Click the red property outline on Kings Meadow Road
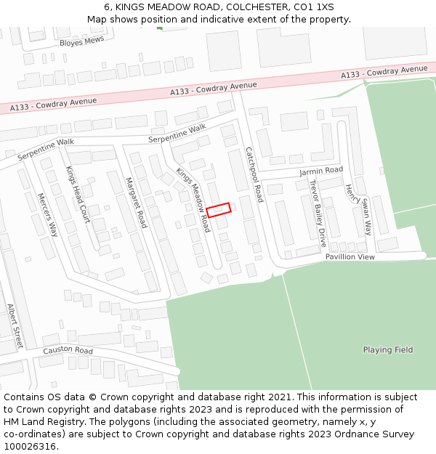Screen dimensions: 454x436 pyautogui.click(x=218, y=209)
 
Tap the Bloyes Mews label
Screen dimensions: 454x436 pyautogui.click(x=82, y=42)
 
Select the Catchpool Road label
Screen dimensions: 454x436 pyautogui.click(x=254, y=174)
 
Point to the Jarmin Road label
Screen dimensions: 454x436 pyautogui.click(x=320, y=171)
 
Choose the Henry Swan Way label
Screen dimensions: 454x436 pyautogui.click(x=358, y=209)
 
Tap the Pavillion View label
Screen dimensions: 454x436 pyautogui.click(x=350, y=257)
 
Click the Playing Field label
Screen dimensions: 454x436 pyautogui.click(x=388, y=350)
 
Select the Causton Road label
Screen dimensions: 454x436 pyautogui.click(x=68, y=351)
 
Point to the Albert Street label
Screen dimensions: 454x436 pyautogui.click(x=15, y=326)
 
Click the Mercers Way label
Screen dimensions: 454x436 pyautogui.click(x=47, y=215)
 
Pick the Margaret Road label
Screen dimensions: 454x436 pyautogui.click(x=136, y=203)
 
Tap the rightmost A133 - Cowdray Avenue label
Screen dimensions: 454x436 pyautogui.click(x=384, y=72)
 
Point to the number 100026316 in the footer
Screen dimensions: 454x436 pyautogui.click(x=30, y=447)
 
